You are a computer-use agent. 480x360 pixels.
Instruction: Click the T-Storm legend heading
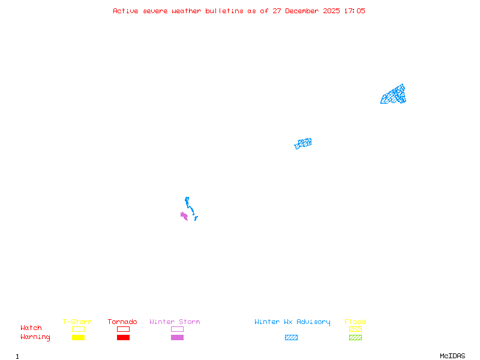click(x=77, y=322)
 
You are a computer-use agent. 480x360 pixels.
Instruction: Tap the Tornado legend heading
click(x=122, y=322)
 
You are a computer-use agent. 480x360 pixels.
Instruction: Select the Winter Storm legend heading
click(x=175, y=322)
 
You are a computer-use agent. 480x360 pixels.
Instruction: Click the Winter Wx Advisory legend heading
click(x=292, y=322)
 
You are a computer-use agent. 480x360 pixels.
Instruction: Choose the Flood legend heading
click(x=355, y=322)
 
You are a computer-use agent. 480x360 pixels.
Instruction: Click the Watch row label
click(x=31, y=328)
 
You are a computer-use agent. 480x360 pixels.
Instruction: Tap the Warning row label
click(x=35, y=337)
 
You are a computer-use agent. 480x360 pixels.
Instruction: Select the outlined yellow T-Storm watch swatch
click(x=78, y=329)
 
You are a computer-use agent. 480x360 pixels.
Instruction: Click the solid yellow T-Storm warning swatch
click(x=78, y=337)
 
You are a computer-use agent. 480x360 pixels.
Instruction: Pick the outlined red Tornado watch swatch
click(x=123, y=329)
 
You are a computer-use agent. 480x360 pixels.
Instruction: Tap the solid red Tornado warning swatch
click(x=123, y=337)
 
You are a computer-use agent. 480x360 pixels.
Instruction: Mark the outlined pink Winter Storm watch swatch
click(x=177, y=329)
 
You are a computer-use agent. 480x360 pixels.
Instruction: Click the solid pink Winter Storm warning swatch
click(x=177, y=337)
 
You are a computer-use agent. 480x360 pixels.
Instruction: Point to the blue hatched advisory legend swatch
click(x=291, y=337)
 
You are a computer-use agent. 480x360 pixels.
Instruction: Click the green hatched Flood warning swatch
click(x=355, y=337)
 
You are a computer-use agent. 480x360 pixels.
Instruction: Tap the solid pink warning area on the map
click(x=184, y=215)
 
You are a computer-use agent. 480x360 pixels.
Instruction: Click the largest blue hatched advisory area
click(x=395, y=95)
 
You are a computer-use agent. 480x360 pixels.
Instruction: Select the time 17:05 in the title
click(x=353, y=11)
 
